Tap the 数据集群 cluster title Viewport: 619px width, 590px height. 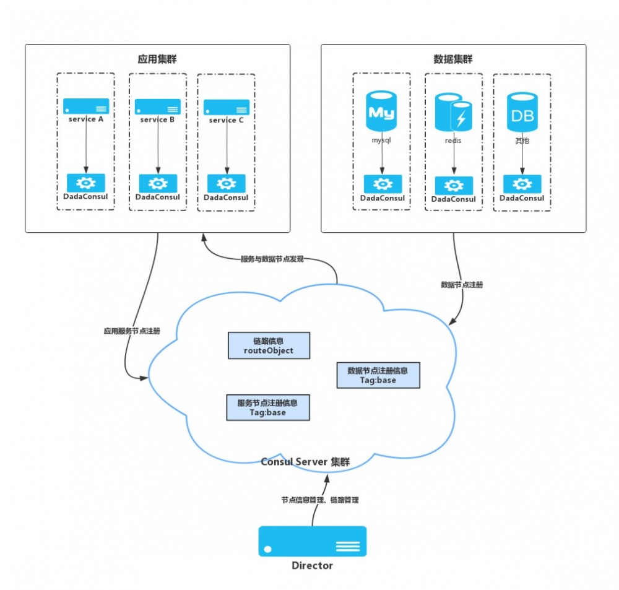pos(453,59)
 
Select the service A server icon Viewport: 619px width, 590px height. pos(86,106)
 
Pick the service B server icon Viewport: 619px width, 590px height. pos(158,106)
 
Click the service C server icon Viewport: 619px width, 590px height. pos(227,107)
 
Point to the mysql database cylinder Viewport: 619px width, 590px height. pos(382,111)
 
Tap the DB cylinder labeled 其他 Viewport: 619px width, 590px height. pos(522,112)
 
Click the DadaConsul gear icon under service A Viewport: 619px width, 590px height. pos(86,183)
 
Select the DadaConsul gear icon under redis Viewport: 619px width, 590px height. pos(454,186)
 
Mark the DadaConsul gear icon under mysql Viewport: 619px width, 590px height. pos(383,184)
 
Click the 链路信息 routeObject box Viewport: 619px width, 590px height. pos(269,345)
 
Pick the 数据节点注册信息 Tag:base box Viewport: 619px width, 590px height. pos(378,375)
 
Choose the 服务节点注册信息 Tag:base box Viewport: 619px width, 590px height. pos(267,407)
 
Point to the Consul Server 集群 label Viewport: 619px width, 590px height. pos(305,462)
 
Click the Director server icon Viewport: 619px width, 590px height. pos(313,542)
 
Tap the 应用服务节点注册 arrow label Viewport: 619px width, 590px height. pos(132,331)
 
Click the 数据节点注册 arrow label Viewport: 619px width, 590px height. pos(462,285)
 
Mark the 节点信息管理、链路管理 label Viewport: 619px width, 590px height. pos(320,500)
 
